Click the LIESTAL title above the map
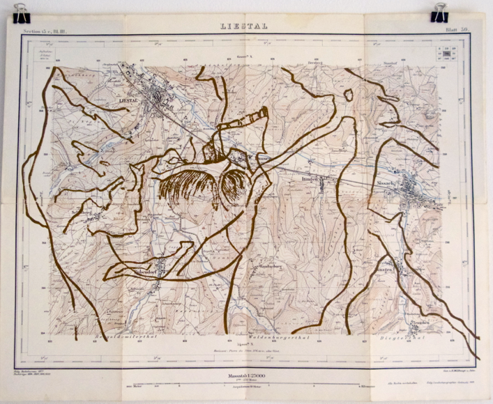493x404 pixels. pos(247,26)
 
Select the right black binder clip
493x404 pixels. pos(440,11)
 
